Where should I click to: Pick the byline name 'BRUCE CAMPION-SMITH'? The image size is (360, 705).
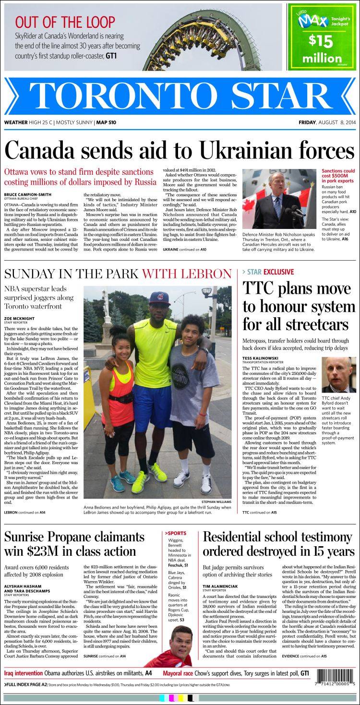[x=27, y=194]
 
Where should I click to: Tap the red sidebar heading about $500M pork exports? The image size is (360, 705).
[x=338, y=174]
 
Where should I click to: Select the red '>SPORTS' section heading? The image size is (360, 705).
[x=176, y=533]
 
